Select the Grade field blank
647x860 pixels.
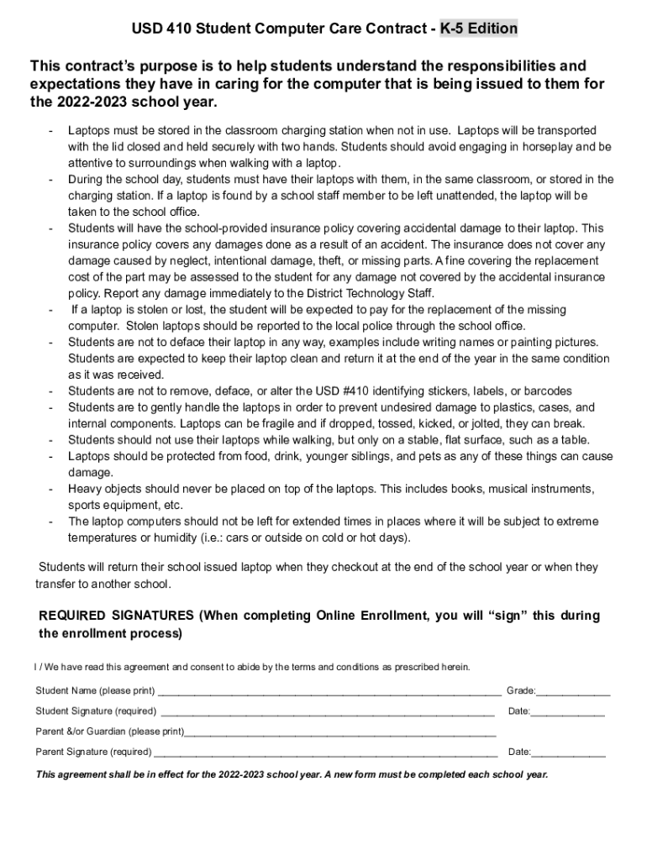point(574,691)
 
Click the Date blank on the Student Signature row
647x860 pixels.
point(568,711)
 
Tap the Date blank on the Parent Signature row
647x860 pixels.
point(568,752)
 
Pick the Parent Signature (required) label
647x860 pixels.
point(93,752)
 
